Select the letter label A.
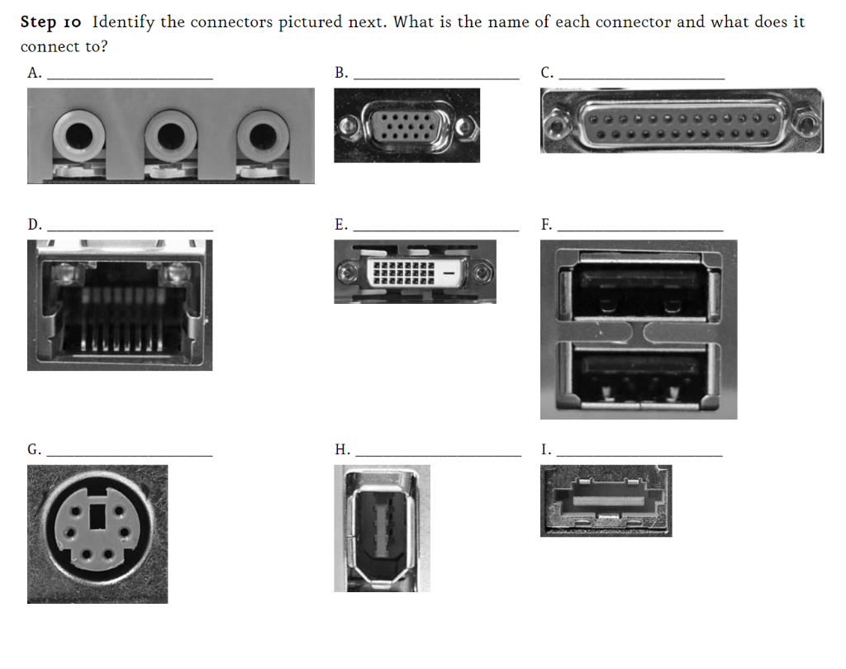tap(34, 73)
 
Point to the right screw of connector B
tap(466, 127)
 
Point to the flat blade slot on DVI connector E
tap(449, 271)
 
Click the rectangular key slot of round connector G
tap(98, 518)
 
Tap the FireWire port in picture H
tap(381, 529)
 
